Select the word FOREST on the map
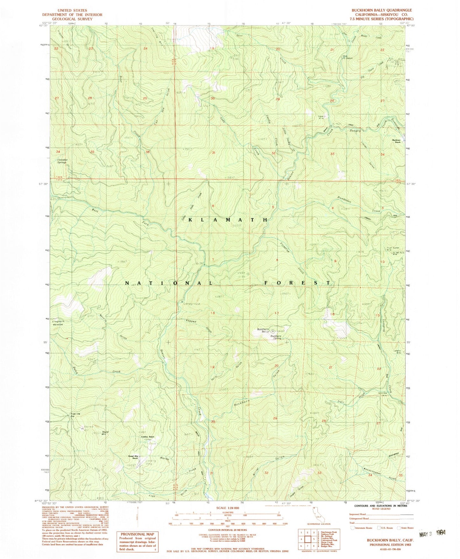298,283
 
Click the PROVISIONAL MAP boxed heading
137,534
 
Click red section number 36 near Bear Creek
147,152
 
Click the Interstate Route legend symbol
352,528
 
